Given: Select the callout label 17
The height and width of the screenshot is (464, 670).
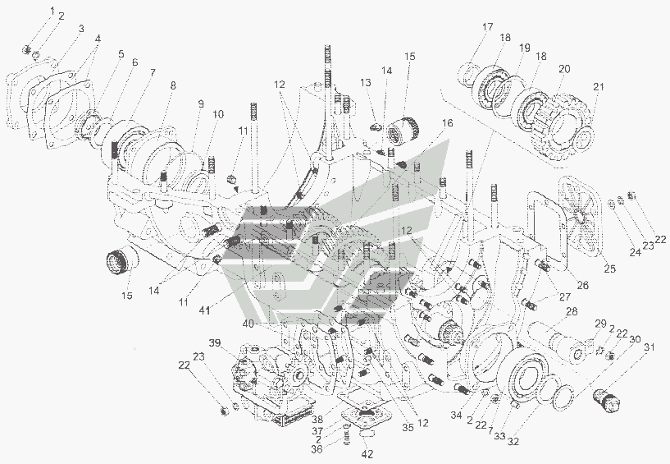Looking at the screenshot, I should click(x=487, y=27).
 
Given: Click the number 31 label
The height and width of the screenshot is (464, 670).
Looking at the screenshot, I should click(x=649, y=349).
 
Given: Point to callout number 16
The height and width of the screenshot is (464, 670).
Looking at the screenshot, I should click(x=446, y=122).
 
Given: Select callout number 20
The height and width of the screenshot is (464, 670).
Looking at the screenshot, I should click(x=564, y=69).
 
